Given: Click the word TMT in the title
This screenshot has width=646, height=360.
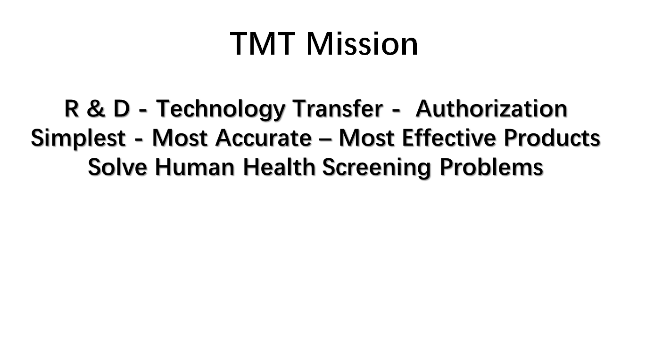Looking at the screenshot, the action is click(263, 44).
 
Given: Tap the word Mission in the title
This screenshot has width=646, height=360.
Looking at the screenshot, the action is click(362, 44).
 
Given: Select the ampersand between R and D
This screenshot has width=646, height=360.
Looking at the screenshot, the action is click(96, 109).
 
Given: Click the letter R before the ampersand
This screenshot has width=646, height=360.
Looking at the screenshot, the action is click(72, 109).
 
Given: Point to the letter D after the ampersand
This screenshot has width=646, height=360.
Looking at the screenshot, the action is click(121, 109).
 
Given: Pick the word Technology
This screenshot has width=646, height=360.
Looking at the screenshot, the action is click(221, 110).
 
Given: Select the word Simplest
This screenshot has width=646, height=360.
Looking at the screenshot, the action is click(78, 139).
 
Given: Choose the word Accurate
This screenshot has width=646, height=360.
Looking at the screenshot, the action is click(264, 138).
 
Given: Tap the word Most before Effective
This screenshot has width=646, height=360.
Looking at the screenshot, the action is click(366, 138).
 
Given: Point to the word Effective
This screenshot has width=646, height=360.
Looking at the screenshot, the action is click(449, 137).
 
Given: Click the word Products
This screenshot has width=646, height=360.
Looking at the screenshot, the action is click(552, 137).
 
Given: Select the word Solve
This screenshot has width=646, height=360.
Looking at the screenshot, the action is click(117, 167).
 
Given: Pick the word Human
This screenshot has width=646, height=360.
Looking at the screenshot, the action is click(195, 167).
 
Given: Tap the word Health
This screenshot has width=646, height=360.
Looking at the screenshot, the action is click(279, 166).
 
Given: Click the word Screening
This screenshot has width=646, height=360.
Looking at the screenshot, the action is click(377, 168).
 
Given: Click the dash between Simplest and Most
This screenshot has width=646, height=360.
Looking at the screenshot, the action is click(139, 140).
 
